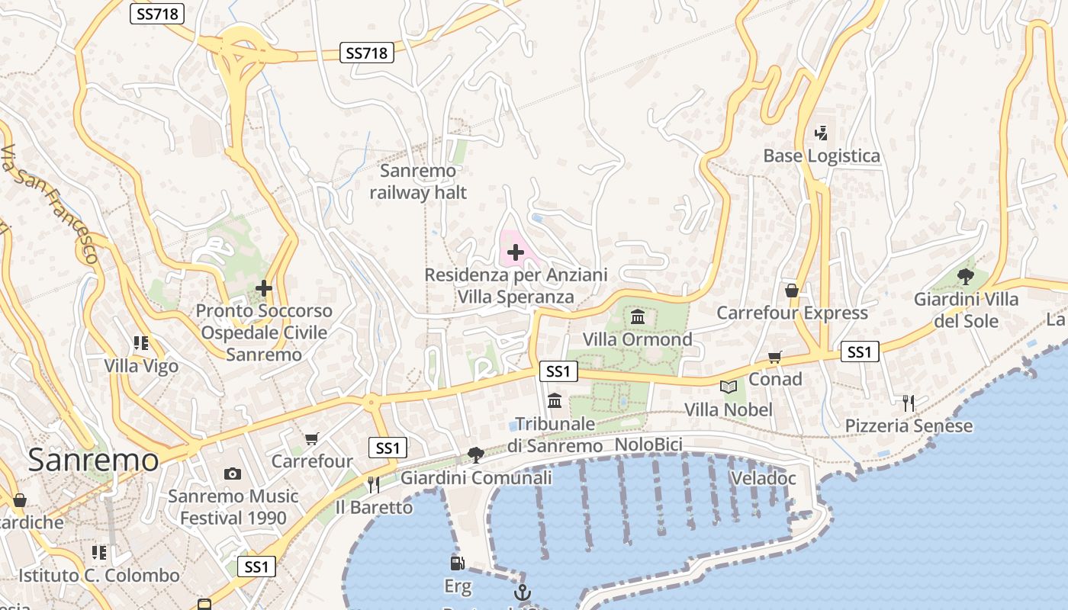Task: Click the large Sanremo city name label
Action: coord(93,460)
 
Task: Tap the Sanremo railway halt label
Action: coord(418,181)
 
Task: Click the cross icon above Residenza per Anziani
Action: coord(516,252)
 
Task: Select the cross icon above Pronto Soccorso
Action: coord(264,288)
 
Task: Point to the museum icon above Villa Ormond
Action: coord(638,316)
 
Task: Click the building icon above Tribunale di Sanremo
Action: coord(555,400)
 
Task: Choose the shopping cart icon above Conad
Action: coord(775,357)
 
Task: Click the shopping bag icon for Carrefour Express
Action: coord(792,291)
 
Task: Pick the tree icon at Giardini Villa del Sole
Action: coord(965,276)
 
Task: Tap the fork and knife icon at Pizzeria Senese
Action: coord(908,403)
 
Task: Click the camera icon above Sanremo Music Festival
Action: coord(233,474)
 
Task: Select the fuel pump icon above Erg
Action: coord(457,563)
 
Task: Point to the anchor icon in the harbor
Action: coord(523,592)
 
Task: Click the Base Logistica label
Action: coord(822,156)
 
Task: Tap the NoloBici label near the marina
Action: coord(648,445)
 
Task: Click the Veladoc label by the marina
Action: coord(763,479)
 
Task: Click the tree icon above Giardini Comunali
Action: coord(476,455)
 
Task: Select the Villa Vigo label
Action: coord(142,366)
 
